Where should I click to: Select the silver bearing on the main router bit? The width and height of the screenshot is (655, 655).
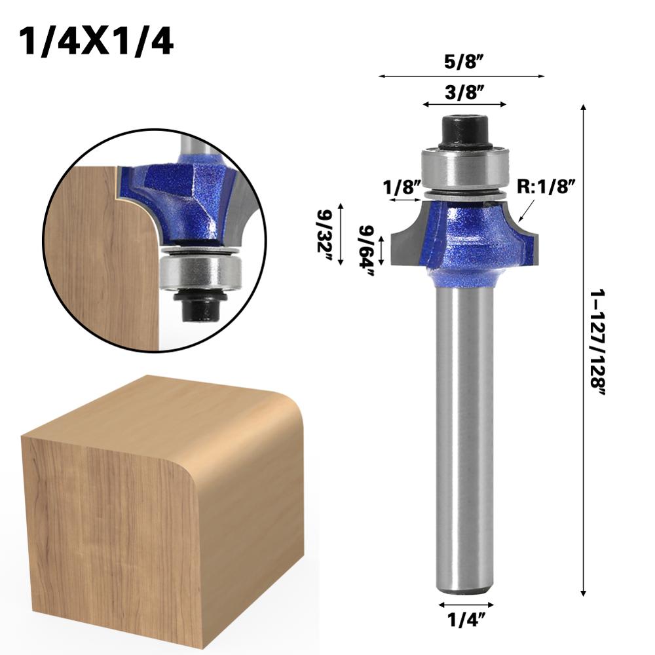(x=464, y=168)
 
